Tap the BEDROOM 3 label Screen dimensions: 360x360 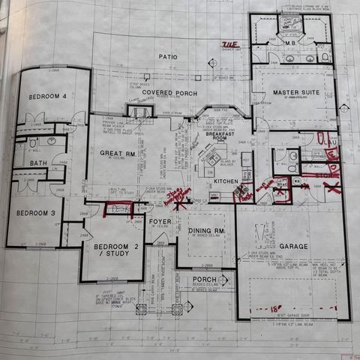36,213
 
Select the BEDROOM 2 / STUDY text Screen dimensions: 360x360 112,250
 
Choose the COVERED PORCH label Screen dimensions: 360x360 170,93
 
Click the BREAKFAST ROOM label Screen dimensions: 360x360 218,136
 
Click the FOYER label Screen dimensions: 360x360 159,221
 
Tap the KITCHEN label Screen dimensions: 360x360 226,181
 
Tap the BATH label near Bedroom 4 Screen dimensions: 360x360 38,163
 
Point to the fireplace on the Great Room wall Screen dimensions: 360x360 139,112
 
